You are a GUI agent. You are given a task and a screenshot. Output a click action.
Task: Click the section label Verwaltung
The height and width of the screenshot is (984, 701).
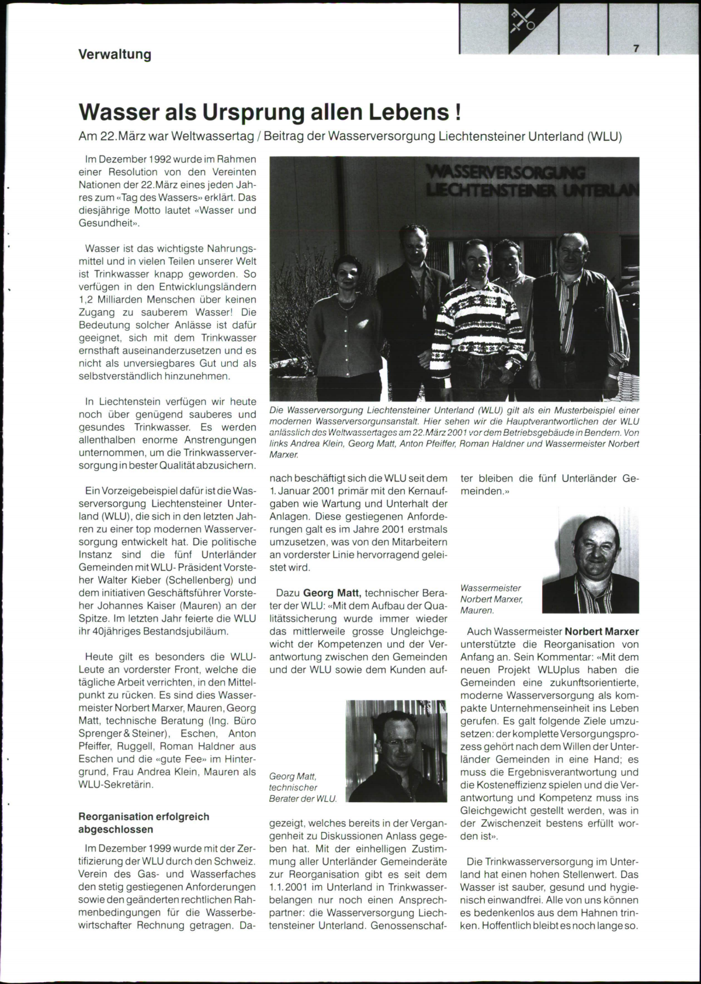(115, 54)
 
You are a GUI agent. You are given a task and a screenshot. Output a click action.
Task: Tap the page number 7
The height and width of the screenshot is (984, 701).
(636, 49)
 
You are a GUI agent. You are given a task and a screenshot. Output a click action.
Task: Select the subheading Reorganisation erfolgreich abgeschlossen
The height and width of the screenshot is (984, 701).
(144, 823)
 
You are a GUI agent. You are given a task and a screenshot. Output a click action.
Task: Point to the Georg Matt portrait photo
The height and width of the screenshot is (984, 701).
(397, 751)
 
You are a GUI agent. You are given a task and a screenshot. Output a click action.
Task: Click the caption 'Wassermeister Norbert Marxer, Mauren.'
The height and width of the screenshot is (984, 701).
(491, 599)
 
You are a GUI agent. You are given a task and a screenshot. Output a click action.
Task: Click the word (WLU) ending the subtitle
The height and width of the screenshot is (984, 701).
(605, 137)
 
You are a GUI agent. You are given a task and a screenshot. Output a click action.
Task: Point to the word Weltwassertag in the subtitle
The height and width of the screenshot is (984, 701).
(223, 137)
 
